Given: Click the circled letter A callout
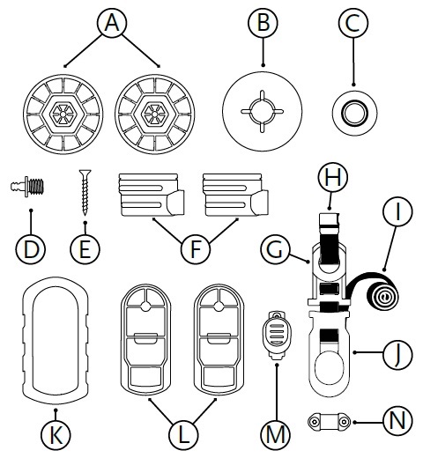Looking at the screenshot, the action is (112, 23).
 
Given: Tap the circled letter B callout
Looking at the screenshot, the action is (263, 23).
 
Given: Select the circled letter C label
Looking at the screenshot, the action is (352, 23).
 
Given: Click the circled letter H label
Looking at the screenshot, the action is (333, 177).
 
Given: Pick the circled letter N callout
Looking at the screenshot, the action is (397, 421).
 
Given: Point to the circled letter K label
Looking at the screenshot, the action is (56, 435).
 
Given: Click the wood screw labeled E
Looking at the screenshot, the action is (85, 192).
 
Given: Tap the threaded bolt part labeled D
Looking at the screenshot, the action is (28, 187).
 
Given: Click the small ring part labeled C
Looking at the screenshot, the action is (354, 113).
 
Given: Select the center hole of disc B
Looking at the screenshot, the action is (263, 111).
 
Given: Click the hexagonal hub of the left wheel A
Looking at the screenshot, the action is (63, 113).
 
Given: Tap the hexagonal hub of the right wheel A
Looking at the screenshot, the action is (154, 113).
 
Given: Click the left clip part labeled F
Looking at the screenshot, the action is (152, 195).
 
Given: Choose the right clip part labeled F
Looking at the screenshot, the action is (235, 195).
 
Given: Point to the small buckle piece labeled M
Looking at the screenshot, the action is (276, 336).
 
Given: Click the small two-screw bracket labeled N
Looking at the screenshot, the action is (329, 422).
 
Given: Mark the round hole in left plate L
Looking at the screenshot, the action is (145, 307).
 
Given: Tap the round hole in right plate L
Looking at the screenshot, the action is (219, 307).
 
